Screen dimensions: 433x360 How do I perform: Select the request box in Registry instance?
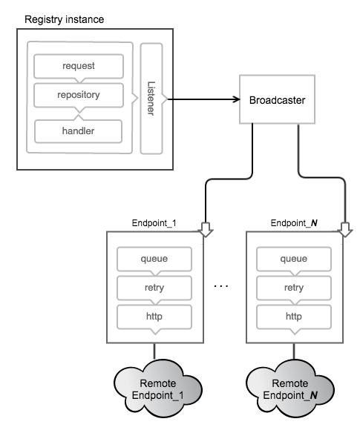[78, 66]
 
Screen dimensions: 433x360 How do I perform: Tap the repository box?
[78, 96]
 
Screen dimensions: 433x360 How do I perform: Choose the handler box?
[78, 131]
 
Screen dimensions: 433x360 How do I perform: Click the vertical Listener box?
[151, 98]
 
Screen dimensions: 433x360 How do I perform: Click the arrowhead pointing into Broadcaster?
[235, 99]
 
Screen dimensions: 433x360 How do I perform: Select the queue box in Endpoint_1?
[154, 260]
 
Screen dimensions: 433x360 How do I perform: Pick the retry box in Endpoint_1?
[154, 288]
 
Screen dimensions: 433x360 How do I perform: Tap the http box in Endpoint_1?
[154, 316]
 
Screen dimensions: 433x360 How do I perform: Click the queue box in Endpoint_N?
[293, 260]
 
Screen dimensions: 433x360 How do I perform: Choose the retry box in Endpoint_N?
[293, 288]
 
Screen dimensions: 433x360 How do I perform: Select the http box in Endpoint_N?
[293, 316]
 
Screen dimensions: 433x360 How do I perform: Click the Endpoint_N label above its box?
[292, 222]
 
